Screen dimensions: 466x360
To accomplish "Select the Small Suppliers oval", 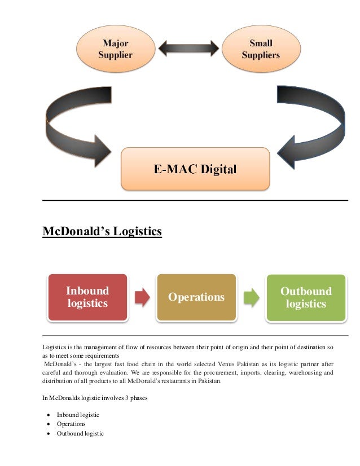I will coord(261,49).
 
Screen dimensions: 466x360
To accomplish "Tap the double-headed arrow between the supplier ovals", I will coord(188,47).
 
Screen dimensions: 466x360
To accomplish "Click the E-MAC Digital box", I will coord(195,168).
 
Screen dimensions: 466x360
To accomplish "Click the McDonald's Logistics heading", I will coord(102,231).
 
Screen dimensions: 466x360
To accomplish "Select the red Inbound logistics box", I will coord(87,297).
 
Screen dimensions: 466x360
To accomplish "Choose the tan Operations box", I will coord(196,297).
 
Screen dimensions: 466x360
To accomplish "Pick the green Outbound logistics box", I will coord(305,297).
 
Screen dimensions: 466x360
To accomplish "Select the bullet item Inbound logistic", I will coord(78,415).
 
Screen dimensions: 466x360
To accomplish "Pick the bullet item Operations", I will coord(71,424).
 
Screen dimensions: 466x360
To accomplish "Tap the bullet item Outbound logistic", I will coord(80,433).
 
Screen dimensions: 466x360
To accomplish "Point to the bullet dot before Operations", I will coord(51,424).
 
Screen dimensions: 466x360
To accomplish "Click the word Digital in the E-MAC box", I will coord(217,168).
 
